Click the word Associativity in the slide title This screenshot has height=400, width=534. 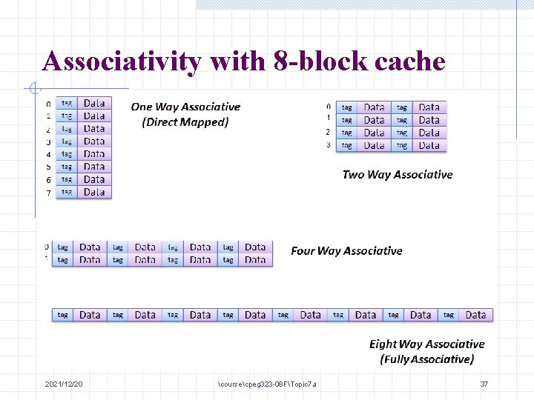click(x=122, y=61)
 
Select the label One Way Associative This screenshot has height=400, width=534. click(x=185, y=107)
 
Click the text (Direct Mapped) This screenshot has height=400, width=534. click(x=185, y=122)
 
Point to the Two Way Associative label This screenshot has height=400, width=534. click(x=398, y=175)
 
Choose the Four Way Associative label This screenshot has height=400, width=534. click(x=346, y=251)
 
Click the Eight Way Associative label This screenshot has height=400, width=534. click(x=426, y=344)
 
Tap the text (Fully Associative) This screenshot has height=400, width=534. click(x=426, y=359)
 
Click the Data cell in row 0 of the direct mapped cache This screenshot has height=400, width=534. click(x=94, y=104)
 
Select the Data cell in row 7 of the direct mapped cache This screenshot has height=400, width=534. click(x=94, y=193)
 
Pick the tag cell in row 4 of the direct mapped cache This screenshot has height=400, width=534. click(x=67, y=154)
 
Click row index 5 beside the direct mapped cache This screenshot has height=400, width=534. click(x=48, y=167)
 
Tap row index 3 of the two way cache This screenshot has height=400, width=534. click(x=329, y=144)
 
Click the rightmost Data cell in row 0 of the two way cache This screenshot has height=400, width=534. click(x=429, y=107)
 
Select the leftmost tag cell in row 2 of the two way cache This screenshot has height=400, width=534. click(x=346, y=133)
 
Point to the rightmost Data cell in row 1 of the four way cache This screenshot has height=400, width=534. click(x=255, y=260)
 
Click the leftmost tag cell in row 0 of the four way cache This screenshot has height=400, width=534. click(x=63, y=247)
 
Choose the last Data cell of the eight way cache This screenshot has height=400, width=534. click(x=475, y=315)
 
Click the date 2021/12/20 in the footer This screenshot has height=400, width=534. click(x=64, y=384)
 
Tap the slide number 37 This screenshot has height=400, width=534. click(x=484, y=384)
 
